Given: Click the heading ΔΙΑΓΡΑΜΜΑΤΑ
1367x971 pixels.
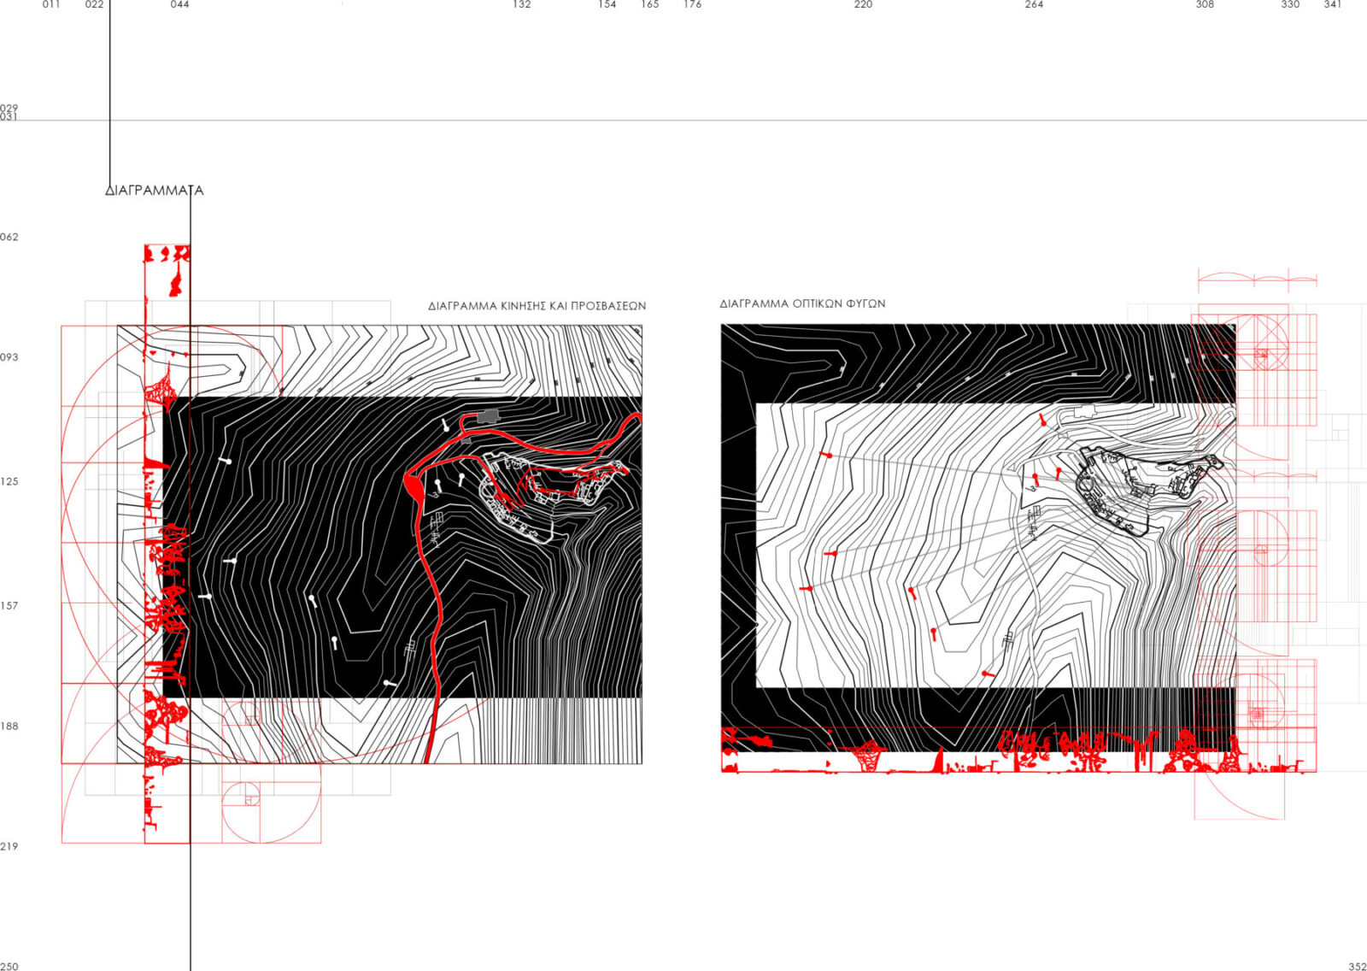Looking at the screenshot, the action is point(155,191).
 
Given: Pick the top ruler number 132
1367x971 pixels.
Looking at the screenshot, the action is point(522,4).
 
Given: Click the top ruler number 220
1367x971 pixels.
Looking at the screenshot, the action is point(864,4).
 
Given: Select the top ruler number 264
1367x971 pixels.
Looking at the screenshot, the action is point(1035,4).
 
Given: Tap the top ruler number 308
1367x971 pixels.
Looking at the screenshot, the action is point(1206,4).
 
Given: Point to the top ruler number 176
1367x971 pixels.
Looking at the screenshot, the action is point(693,4).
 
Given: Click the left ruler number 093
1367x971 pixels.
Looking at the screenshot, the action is point(9,357).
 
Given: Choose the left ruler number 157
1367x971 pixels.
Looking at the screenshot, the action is point(9,606).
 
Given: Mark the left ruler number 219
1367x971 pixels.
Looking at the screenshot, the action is point(9,846).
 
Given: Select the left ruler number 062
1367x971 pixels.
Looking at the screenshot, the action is point(9,237).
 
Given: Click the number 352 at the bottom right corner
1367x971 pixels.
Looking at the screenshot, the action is point(1358,966).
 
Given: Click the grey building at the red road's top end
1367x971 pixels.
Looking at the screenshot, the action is point(487,416).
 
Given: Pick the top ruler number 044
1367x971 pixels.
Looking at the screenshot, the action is point(180,4).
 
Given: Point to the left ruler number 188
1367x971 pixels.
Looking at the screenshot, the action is point(9,726).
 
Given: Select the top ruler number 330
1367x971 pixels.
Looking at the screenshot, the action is point(1291,4).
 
